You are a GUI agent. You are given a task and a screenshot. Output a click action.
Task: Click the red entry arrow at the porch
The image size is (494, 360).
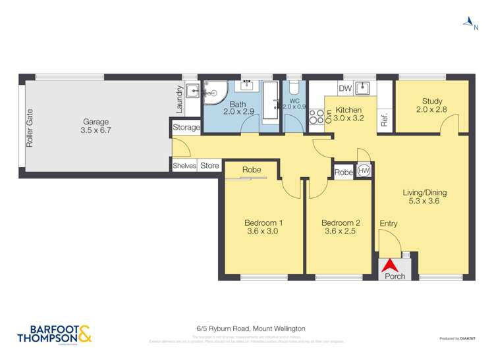click(x=390, y=264)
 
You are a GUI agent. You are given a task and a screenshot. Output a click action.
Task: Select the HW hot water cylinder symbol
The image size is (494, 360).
click(x=364, y=171)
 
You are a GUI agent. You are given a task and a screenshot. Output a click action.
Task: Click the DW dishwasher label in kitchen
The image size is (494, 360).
click(x=344, y=88)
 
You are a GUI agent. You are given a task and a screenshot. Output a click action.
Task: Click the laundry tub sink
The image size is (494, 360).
click(x=191, y=91)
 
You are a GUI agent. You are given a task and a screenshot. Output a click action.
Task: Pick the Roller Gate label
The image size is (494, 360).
click(x=30, y=128)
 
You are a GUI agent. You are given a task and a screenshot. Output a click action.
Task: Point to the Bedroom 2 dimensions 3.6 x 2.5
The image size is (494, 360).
click(x=339, y=231)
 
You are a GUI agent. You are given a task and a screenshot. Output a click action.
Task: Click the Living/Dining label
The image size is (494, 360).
click(x=425, y=193)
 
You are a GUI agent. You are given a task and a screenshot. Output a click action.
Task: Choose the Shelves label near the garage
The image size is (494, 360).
click(x=184, y=166)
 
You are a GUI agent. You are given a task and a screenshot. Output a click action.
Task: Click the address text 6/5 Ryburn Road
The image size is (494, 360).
click(x=250, y=328)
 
